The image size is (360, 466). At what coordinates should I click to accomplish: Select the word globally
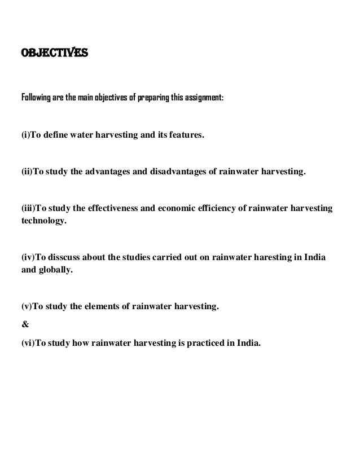56,270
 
